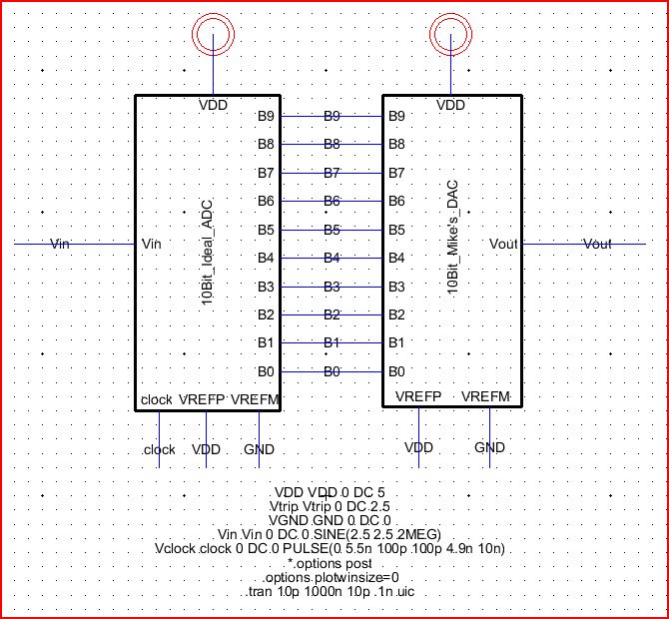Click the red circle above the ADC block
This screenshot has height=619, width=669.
(215, 38)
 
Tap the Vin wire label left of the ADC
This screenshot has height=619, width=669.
(62, 244)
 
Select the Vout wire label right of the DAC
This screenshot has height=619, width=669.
(597, 244)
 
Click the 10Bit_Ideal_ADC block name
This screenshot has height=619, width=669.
(207, 250)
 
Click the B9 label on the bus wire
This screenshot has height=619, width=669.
(332, 117)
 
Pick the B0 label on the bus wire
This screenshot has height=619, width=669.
(332, 372)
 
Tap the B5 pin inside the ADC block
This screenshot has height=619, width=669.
(266, 230)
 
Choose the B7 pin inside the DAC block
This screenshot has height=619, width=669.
(396, 173)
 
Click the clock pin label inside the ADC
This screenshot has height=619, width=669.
(156, 399)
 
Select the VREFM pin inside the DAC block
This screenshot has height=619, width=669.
(486, 396)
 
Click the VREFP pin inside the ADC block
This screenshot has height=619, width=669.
(202, 399)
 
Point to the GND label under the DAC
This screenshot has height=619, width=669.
(489, 447)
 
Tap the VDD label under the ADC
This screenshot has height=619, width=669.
(206, 449)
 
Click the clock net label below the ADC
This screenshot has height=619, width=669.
(159, 449)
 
